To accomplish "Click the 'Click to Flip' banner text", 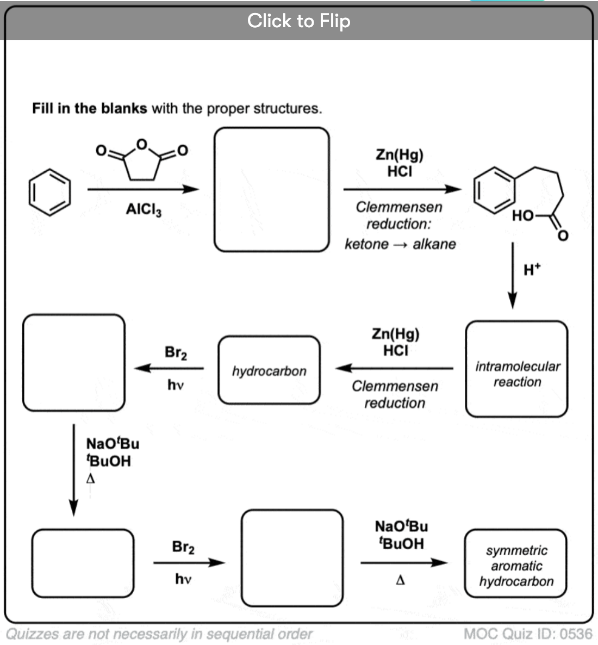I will [x=298, y=21].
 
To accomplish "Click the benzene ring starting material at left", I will [x=49, y=192].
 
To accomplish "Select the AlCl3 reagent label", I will [x=144, y=209].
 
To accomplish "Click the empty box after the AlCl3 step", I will [x=272, y=189].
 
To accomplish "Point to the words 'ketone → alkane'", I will [x=400, y=244].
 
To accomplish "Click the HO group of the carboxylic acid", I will [x=522, y=216].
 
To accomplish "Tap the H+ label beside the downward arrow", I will [x=532, y=269].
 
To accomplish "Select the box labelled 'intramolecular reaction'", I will [x=516, y=369].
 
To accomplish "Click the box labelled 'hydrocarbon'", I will [x=269, y=370].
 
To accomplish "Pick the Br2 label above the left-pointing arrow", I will [x=176, y=352].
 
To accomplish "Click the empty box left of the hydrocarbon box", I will [x=74, y=362].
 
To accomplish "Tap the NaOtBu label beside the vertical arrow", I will [x=113, y=444].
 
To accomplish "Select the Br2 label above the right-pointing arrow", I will [x=183, y=547].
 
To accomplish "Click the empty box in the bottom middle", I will [x=292, y=558].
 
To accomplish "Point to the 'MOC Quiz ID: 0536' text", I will [x=527, y=634].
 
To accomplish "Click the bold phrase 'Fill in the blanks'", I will [x=89, y=108].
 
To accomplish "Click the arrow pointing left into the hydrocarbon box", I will [x=394, y=368].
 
